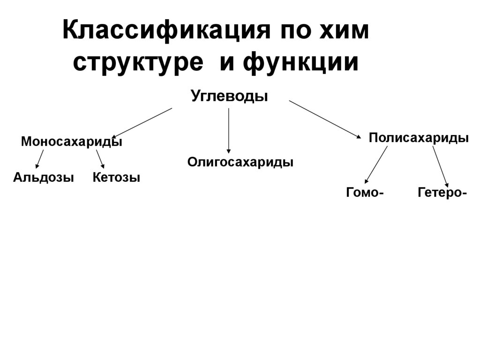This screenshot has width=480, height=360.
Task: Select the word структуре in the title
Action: [x=138, y=63]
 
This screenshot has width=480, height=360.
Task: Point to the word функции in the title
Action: [x=301, y=63]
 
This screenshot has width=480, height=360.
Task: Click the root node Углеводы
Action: [x=229, y=96]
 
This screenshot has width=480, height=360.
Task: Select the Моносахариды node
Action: [x=72, y=142]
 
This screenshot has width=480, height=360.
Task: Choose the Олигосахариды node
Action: [x=240, y=162]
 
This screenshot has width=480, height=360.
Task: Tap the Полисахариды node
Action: [x=419, y=138]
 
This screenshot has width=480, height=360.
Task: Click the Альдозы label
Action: [x=44, y=178]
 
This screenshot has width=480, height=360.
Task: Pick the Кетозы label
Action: [x=116, y=178]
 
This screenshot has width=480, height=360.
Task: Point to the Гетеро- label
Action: [x=442, y=193]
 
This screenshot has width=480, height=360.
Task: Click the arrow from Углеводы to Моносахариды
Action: [x=142, y=123]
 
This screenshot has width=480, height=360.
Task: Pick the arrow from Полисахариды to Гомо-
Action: [x=376, y=164]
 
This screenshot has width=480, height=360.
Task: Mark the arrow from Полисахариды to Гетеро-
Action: [x=441, y=166]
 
